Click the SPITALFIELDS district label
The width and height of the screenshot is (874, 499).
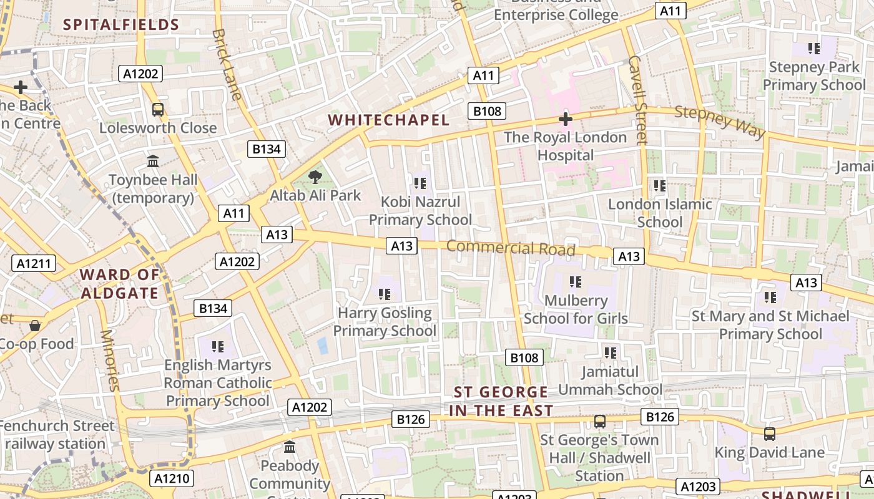point(121,25)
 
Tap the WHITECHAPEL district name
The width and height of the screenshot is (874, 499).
point(388,120)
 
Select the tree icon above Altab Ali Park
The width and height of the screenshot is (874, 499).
point(315,177)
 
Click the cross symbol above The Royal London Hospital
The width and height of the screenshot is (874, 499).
point(566,119)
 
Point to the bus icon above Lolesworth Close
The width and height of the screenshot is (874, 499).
point(158,110)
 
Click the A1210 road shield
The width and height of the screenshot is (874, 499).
point(172,478)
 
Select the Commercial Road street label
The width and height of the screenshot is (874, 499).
point(510,248)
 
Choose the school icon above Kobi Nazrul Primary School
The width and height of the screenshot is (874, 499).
point(420,183)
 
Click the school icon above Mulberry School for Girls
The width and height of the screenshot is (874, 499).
point(576,282)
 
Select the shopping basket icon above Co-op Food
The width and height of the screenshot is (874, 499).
point(35,326)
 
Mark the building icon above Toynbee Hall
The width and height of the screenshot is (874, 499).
point(153,162)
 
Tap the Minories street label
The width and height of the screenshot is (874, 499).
point(109,360)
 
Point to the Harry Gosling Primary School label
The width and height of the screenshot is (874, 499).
point(385,322)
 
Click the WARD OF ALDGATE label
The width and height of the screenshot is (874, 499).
point(119,284)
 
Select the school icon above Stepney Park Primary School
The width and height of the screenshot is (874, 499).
point(813,49)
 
